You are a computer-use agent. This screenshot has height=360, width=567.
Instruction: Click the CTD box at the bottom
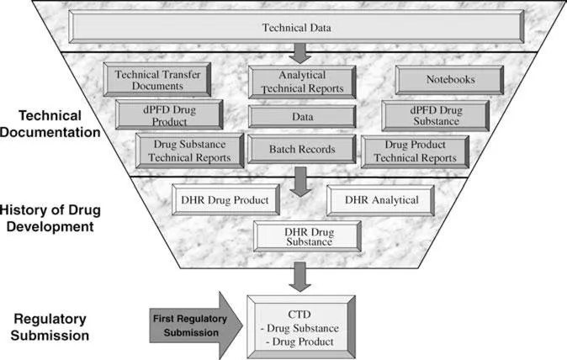coord(303,321)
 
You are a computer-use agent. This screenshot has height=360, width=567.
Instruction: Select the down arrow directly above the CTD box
coord(300,274)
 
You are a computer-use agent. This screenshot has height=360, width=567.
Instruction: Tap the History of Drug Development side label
coord(56,218)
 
